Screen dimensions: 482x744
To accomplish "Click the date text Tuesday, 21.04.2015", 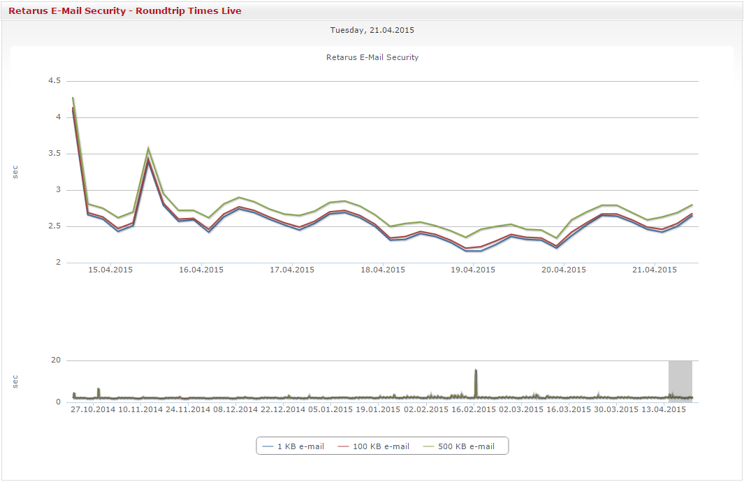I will [372, 30].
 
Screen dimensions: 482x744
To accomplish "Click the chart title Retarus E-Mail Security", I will [372, 57].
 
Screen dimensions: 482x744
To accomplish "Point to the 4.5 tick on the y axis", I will [54, 81].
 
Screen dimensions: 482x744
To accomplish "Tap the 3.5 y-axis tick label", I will [54, 154].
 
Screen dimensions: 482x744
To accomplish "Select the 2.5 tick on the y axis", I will [54, 226].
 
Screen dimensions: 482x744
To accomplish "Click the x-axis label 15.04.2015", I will [110, 270].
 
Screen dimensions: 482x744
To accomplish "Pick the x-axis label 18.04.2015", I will [383, 270].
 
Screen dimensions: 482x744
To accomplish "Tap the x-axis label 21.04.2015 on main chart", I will [655, 270].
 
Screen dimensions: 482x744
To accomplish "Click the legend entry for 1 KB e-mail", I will [293, 446].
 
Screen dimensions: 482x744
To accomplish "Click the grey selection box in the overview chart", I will [680, 381].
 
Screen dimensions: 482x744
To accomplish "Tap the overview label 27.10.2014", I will [94, 409].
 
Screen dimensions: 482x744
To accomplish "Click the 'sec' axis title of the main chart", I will [15, 172].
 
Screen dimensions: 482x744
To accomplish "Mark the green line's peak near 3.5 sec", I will [148, 148].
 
